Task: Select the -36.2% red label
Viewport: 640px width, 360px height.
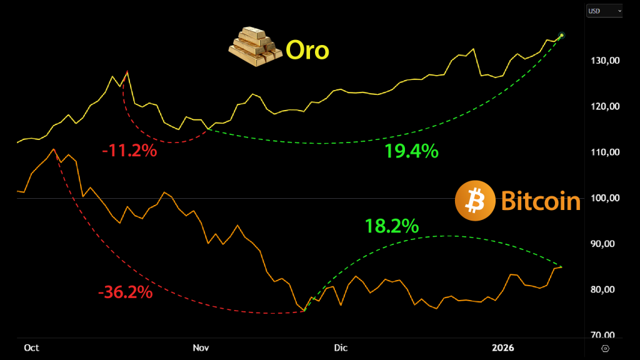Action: point(125,292)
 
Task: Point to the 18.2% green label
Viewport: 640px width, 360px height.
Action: point(392,226)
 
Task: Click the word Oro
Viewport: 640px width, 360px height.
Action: point(307,51)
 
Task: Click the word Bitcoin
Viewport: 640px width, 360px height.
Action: point(541,201)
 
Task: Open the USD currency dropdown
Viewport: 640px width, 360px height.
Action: point(604,11)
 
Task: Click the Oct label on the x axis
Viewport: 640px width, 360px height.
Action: point(31,347)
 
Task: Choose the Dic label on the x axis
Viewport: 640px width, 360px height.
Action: point(341,347)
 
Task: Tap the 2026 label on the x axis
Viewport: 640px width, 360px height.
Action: point(503,347)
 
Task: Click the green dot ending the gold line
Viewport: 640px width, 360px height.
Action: point(561,35)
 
